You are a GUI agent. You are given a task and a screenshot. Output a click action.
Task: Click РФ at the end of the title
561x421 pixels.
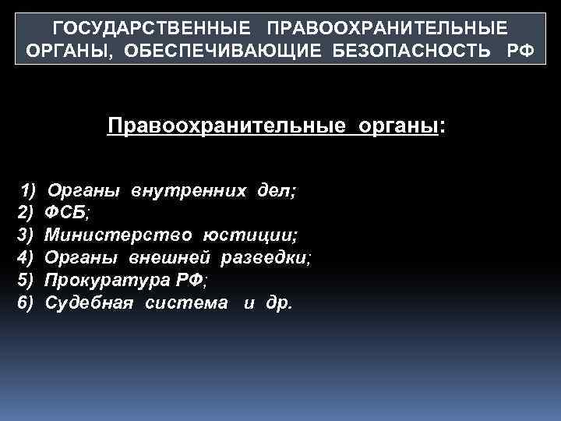pyautogui.click(x=520, y=50)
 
